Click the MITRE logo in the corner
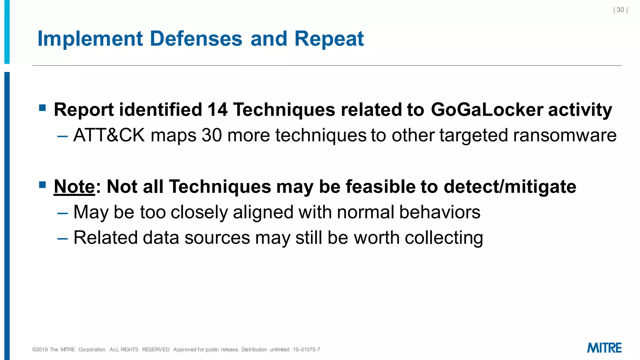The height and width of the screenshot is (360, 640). (604, 348)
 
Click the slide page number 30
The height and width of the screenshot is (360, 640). (620, 10)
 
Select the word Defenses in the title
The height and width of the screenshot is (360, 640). (196, 39)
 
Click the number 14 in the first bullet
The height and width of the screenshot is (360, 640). (217, 110)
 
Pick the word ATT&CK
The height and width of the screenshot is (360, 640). (109, 135)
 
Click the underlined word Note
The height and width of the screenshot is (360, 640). (74, 187)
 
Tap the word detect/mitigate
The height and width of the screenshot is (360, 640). (510, 187)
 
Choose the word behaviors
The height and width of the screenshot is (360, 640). (440, 212)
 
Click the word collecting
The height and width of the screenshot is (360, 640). (444, 238)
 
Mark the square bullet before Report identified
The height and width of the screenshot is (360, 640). (42, 108)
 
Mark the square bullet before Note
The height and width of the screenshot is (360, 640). (42, 185)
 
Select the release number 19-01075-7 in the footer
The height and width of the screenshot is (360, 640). (306, 350)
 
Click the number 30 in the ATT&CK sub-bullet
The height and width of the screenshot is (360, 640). (212, 135)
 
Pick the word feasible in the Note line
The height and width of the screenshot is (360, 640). (380, 187)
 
